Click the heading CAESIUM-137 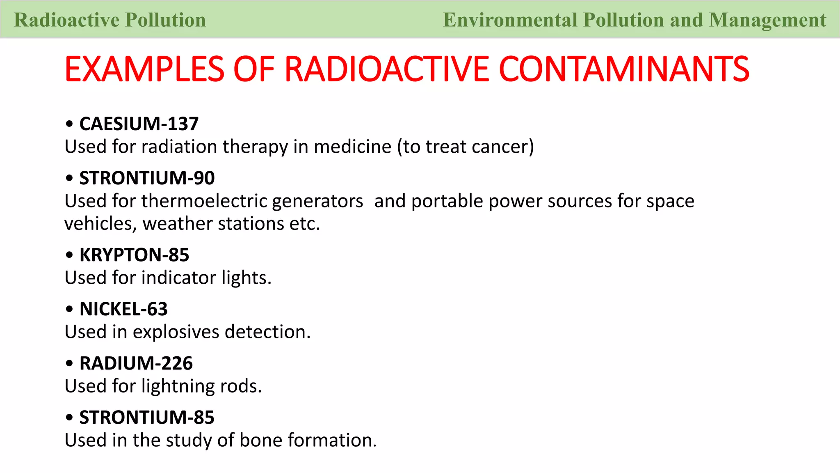pyautogui.click(x=139, y=124)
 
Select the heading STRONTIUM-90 pyautogui.click(x=147, y=178)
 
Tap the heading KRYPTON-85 pyautogui.click(x=134, y=255)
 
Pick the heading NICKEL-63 pyautogui.click(x=123, y=309)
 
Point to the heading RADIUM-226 pyautogui.click(x=136, y=363)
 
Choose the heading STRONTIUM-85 pyautogui.click(x=147, y=418)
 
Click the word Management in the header pyautogui.click(x=767, y=20)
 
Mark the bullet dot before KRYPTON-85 pyautogui.click(x=69, y=255)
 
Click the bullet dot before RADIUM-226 pyautogui.click(x=69, y=363)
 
